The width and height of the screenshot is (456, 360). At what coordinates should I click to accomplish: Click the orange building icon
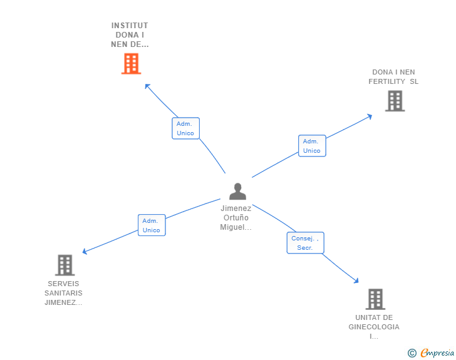pos(131,63)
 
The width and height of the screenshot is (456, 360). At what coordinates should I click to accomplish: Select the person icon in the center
pos(237,191)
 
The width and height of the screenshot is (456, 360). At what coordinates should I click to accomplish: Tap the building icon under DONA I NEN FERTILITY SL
pos(395,101)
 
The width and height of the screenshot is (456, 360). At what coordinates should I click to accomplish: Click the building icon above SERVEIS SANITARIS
pos(65,265)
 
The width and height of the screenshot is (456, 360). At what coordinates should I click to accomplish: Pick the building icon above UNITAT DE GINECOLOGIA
pos(375,299)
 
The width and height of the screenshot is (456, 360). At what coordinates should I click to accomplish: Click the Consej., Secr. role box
pos(306,243)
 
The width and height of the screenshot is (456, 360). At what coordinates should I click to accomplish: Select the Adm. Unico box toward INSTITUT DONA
pos(185,128)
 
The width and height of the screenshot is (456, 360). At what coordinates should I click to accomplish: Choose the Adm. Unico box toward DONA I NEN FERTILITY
pos(312,146)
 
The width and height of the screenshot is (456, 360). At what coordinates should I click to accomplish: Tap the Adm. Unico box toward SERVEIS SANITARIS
pos(152,225)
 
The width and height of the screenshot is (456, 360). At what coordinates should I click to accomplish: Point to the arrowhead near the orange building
pos(147,86)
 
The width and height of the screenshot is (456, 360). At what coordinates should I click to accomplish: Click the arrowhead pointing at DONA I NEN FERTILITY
pos(370,116)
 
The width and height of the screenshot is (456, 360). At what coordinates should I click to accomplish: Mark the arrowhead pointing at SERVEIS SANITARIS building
pos(85,251)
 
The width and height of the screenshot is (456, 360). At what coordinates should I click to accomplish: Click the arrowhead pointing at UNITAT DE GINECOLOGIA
pos(356,280)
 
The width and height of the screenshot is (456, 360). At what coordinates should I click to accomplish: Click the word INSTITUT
pos(130,26)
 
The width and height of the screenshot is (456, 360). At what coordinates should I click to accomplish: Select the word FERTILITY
pos(387,82)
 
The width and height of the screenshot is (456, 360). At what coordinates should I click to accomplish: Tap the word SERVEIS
pos(63,284)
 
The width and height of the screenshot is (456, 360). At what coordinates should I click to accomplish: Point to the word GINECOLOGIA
pos(374,327)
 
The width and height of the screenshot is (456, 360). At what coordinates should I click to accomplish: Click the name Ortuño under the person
pos(236,218)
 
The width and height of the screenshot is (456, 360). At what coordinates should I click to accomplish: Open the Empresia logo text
pos(437,353)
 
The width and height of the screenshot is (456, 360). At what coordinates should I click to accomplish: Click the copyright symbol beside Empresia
pos(412,353)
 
